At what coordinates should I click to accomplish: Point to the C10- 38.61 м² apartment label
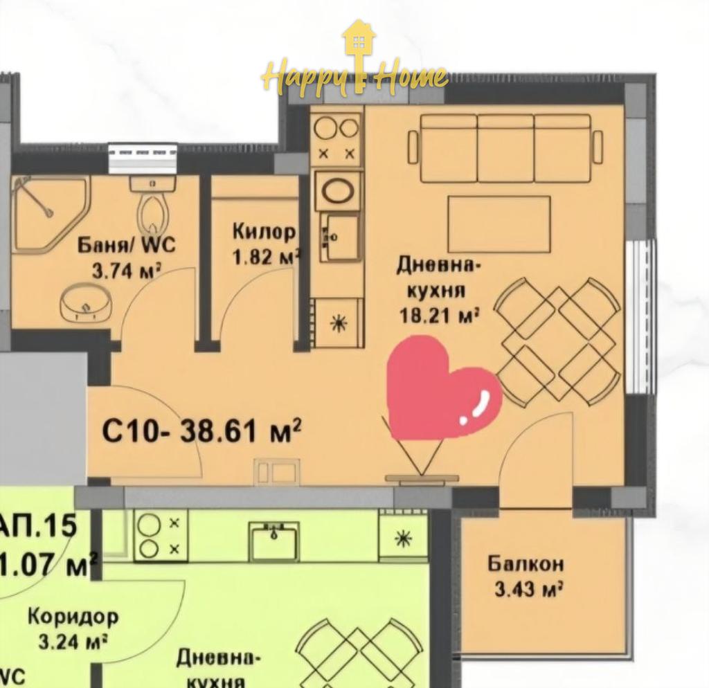[x=201, y=432]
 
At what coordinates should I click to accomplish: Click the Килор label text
[x=264, y=231]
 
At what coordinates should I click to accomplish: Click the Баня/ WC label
[x=127, y=244]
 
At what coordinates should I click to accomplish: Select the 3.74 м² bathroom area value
[x=127, y=270]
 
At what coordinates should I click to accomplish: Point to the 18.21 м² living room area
[x=440, y=315]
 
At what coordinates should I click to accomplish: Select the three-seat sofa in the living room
[x=505, y=148]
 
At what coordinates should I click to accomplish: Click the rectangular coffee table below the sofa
[x=499, y=224]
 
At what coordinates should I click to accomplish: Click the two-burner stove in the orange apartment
[x=336, y=138]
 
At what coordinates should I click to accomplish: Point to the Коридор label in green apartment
[x=73, y=616]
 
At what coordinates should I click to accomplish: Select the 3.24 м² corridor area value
[x=73, y=642]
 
